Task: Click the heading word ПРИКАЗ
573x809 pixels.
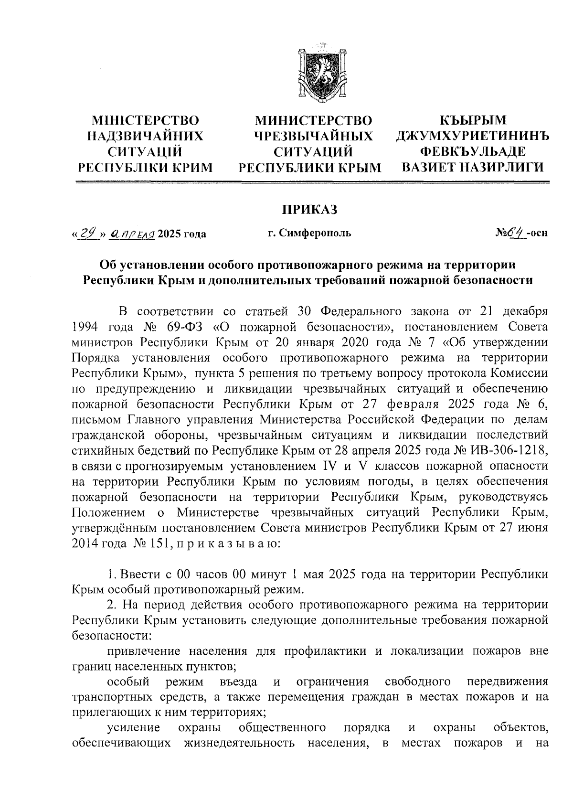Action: point(308,209)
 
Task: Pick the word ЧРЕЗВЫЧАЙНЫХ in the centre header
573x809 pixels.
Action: point(313,136)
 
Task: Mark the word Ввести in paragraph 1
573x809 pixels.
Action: point(139,574)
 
